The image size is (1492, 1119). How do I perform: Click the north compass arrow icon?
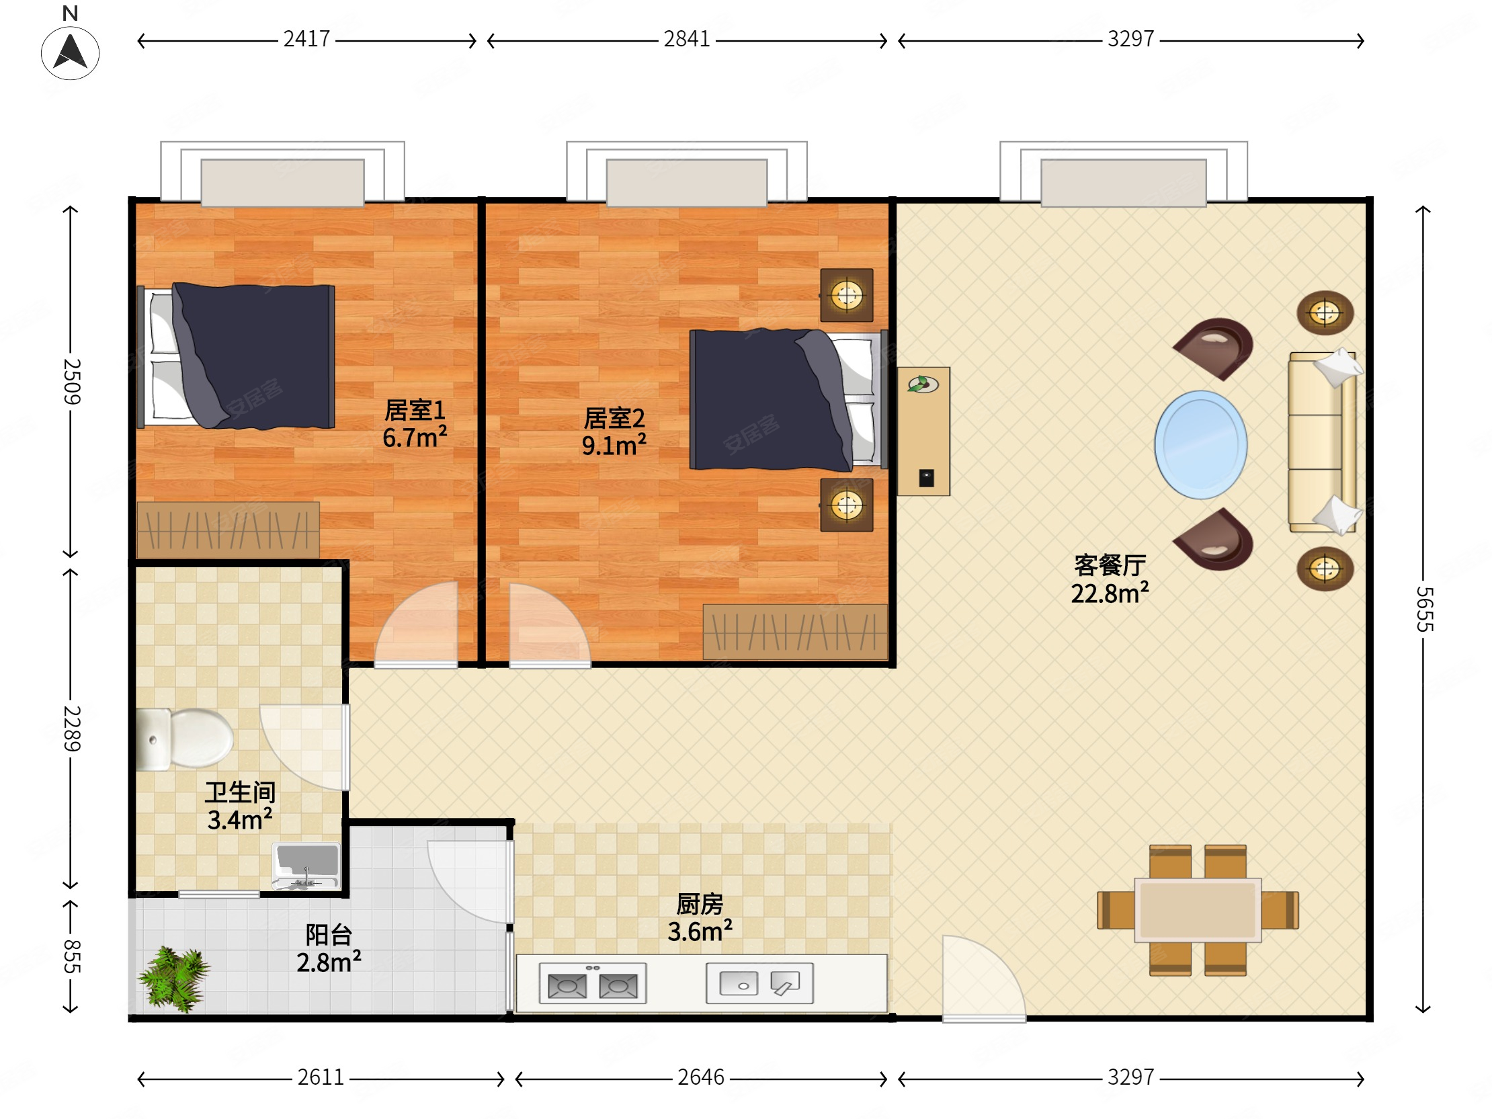coord(70,52)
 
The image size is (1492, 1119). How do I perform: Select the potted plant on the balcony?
coord(173,979)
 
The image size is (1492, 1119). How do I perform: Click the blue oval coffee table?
coord(1200,445)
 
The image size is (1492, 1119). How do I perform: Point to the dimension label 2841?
coord(687,40)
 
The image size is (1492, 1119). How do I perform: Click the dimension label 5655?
coord(1423,608)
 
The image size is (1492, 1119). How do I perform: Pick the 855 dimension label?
coord(71,956)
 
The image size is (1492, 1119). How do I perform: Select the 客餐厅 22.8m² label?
coord(1110,579)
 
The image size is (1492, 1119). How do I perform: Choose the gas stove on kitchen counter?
coord(592,983)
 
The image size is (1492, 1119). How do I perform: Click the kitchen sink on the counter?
coord(759,983)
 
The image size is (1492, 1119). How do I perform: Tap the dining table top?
coord(1197,909)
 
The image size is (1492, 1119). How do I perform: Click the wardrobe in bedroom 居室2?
coord(794,632)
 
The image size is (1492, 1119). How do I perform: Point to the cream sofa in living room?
coord(1321,442)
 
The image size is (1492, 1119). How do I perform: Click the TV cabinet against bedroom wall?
coord(923,431)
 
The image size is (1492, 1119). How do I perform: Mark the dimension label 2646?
coord(700,1077)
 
